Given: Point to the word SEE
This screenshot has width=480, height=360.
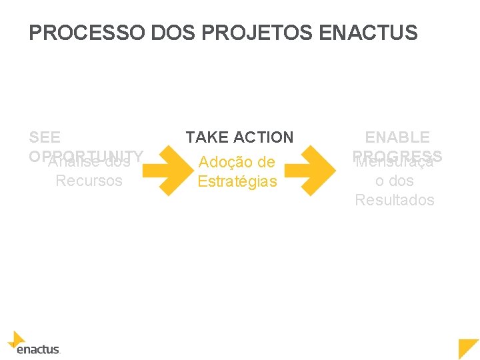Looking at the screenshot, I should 45,137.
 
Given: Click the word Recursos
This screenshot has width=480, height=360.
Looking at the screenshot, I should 89,181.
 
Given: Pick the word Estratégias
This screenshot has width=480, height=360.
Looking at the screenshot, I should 237,181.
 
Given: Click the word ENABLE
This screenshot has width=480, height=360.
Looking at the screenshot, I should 397,137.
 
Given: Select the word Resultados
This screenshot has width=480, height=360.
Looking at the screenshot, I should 395,200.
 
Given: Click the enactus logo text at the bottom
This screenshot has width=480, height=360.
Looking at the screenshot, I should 37,349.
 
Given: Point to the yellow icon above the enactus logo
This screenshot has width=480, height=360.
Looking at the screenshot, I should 17,339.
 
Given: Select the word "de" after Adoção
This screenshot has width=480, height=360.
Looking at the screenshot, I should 267,162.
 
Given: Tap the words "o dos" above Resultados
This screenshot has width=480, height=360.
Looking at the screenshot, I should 395,181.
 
